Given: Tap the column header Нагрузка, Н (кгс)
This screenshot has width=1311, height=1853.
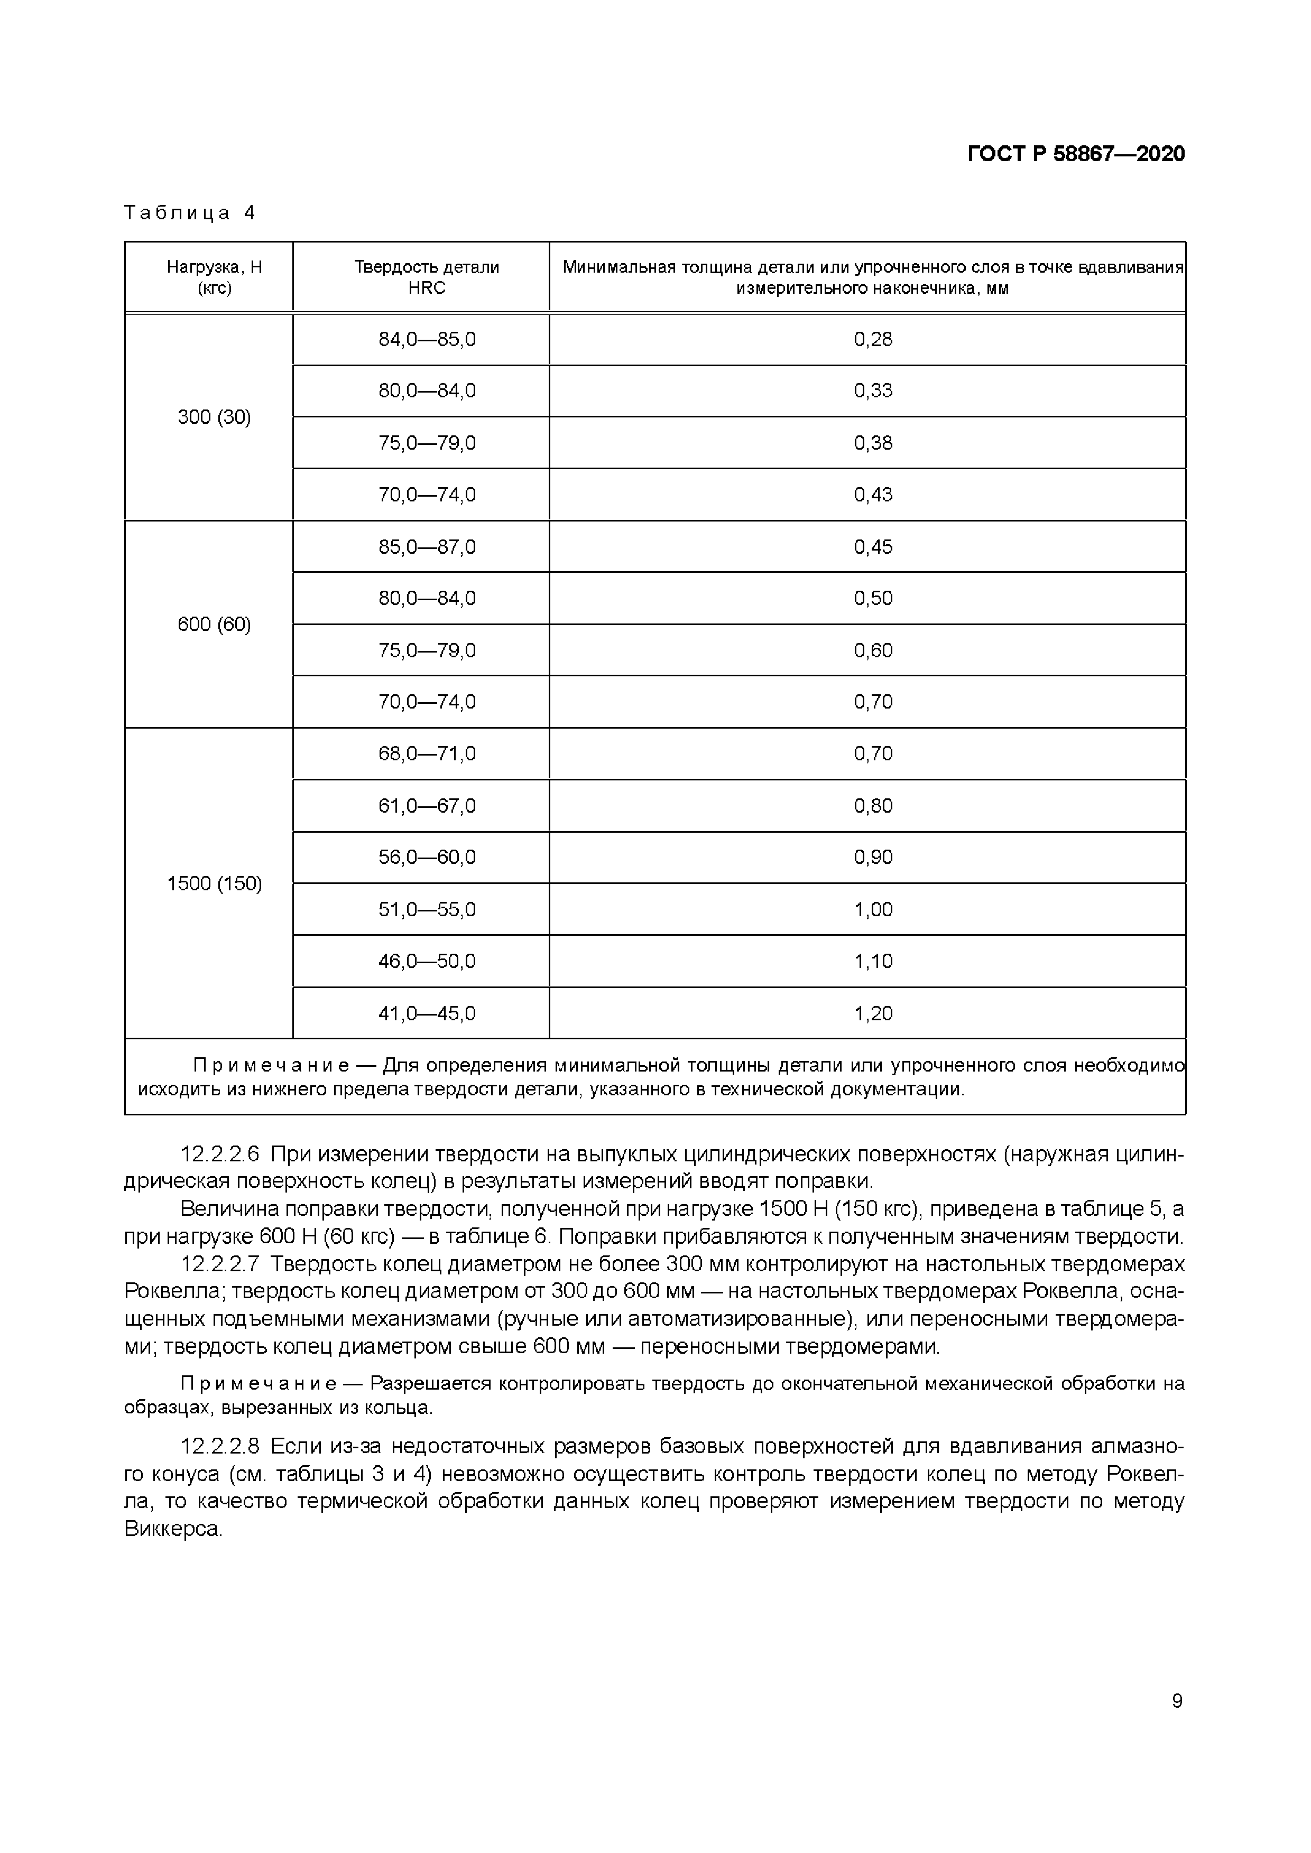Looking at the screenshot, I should (214, 277).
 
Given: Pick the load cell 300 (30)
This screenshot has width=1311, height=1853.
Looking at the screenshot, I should (214, 417).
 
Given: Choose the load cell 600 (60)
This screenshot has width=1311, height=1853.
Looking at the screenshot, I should (214, 624).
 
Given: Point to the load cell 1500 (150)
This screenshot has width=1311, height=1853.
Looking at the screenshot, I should (214, 884).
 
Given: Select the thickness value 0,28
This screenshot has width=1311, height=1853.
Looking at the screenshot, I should (873, 340).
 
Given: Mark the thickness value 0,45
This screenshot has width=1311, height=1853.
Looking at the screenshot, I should (873, 547).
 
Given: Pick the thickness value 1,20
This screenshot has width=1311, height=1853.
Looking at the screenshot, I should (873, 1013).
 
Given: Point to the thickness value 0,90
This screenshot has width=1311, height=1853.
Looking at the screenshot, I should (873, 857).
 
